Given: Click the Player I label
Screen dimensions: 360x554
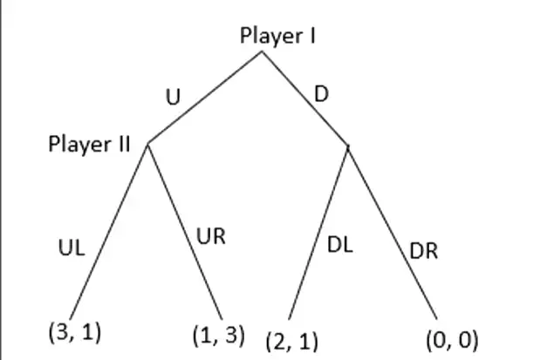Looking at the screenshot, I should pyautogui.click(x=277, y=36).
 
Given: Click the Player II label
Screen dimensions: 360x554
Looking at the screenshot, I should pyautogui.click(x=89, y=144).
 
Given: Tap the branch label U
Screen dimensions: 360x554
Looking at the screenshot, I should pyautogui.click(x=173, y=97).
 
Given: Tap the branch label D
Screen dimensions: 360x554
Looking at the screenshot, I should pyautogui.click(x=321, y=92).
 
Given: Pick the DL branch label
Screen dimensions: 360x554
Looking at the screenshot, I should pyautogui.click(x=339, y=245).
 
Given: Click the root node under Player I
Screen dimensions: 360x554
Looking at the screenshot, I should pyautogui.click(x=262, y=52).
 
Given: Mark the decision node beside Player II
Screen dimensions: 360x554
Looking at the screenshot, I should pyautogui.click(x=147, y=143).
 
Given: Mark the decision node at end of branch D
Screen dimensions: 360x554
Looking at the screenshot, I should pyautogui.click(x=348, y=146).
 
